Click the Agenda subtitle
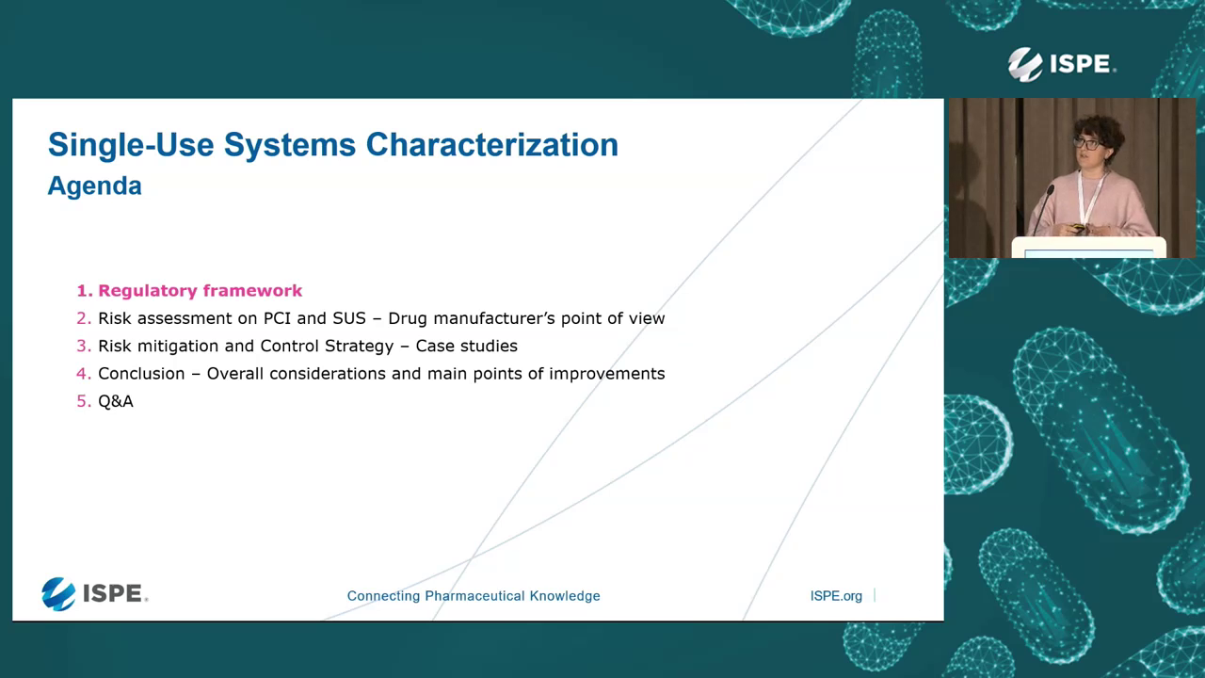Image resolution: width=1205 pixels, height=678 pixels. pos(94,186)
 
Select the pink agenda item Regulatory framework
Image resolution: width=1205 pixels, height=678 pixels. pos(200,291)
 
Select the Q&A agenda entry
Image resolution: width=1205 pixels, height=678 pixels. pos(116,401)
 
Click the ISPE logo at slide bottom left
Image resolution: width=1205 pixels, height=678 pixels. pos(94,594)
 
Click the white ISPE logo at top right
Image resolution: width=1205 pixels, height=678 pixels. pos(1061,64)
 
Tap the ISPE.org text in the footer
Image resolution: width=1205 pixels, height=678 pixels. pos(836,596)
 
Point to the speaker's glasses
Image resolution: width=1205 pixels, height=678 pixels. pos(1089,143)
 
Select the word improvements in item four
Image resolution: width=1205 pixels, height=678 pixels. pos(607,374)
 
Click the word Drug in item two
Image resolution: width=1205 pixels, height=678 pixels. pos(408,318)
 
